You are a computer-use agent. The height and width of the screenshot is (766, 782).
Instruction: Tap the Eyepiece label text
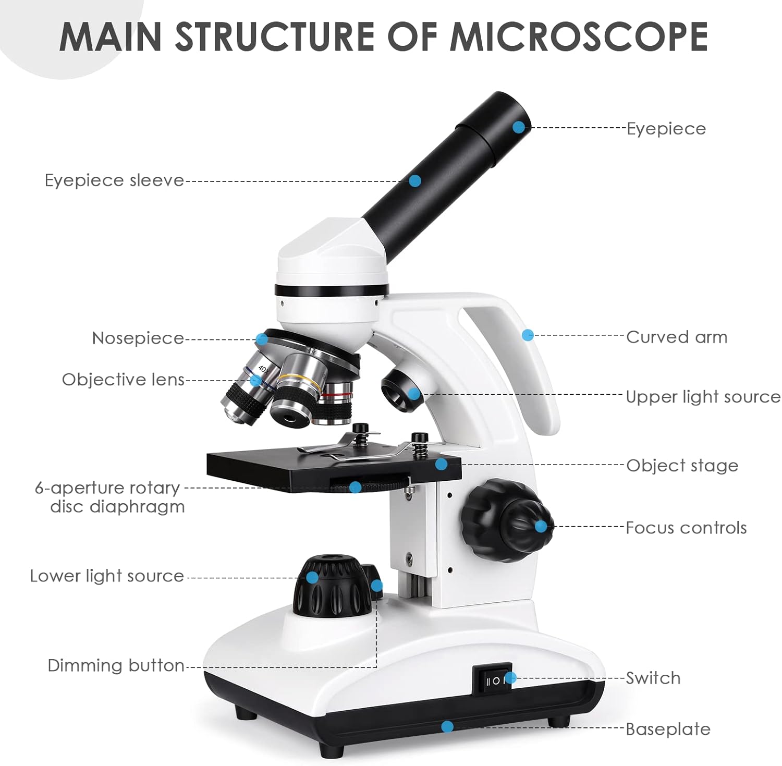pos(666,128)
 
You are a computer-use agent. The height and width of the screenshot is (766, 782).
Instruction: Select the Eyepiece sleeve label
pos(114,180)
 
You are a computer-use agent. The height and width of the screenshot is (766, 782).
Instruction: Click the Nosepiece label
pos(138,338)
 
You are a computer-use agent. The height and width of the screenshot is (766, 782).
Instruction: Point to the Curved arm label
pos(676,337)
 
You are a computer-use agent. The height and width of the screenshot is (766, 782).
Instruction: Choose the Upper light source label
pos(703,397)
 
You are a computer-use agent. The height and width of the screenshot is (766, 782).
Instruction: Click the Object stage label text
pos(682,466)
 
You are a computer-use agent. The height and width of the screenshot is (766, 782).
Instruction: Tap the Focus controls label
pos(686,528)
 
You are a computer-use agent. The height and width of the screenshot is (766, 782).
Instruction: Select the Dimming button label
pos(116,665)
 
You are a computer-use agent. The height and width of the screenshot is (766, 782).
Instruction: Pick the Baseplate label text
pos(668,729)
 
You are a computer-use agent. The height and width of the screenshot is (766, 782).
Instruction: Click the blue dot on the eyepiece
pos(518,127)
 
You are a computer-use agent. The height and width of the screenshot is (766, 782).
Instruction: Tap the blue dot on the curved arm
pos(528,335)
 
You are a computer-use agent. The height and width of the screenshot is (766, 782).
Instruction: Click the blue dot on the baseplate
pos(447,726)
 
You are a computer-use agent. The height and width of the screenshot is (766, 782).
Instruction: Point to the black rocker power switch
pos(493,679)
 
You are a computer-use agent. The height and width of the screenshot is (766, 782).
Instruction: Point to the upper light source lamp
pos(399,391)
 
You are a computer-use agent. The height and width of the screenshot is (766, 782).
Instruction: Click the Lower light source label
pos(107,576)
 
